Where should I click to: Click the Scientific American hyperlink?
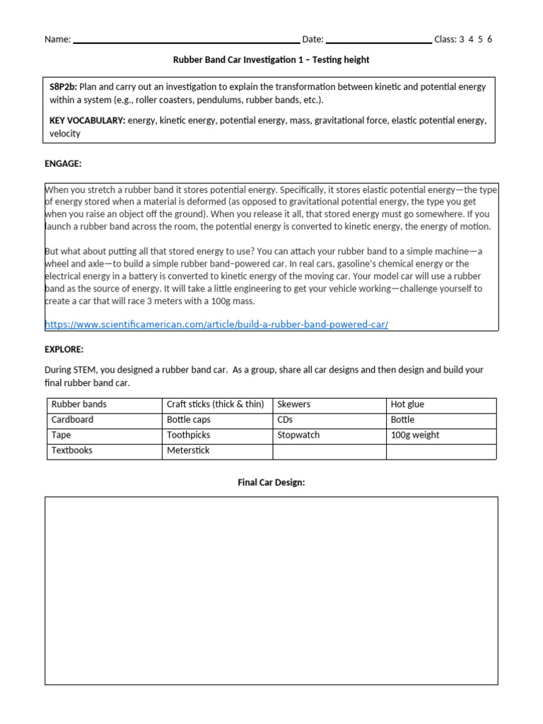(x=216, y=325)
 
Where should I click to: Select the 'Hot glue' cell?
(x=407, y=404)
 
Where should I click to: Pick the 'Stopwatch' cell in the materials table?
(x=298, y=436)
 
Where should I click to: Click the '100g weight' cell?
(x=415, y=436)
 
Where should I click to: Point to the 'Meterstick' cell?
(x=188, y=450)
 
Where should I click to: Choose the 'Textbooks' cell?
(x=72, y=450)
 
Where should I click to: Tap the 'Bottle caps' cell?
(x=189, y=420)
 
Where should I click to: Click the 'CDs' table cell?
(x=285, y=420)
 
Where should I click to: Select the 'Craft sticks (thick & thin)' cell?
(x=215, y=404)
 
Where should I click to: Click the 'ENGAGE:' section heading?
(x=63, y=164)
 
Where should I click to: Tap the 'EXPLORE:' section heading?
(x=64, y=349)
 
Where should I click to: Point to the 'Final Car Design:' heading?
(x=271, y=482)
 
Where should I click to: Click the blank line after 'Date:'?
(x=378, y=41)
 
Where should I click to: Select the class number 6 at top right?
(x=489, y=40)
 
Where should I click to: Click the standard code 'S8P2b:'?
(x=64, y=87)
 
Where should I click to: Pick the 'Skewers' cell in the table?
(x=294, y=404)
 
